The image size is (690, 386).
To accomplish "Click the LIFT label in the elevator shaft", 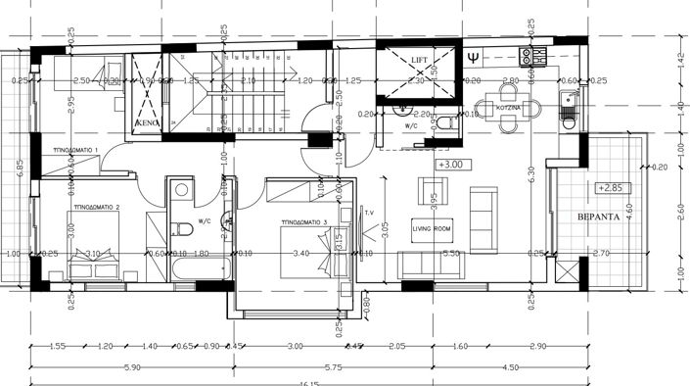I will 419,61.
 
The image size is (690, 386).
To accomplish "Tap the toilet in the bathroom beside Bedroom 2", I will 182,228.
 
